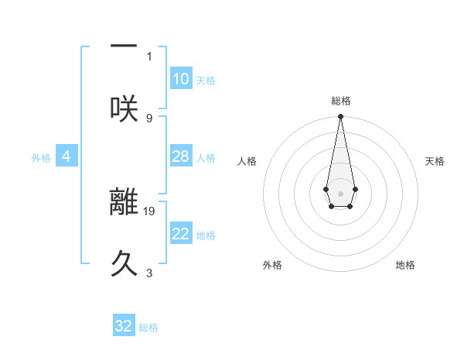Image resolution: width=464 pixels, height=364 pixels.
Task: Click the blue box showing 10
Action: (x=181, y=78)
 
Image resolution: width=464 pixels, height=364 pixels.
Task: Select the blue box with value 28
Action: (x=181, y=156)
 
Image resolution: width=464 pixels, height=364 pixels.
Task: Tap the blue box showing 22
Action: (x=181, y=234)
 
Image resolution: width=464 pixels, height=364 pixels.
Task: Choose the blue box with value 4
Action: (x=67, y=156)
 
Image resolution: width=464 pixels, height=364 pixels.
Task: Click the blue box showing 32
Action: (x=124, y=326)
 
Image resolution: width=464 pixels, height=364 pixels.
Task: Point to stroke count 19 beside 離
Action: (x=149, y=210)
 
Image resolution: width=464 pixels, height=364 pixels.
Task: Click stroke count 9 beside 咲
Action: (x=149, y=118)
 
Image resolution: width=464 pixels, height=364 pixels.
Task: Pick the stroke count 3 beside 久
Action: (x=149, y=273)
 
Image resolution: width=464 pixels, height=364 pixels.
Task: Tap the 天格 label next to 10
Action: (x=206, y=81)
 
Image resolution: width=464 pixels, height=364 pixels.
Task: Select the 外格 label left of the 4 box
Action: (x=41, y=158)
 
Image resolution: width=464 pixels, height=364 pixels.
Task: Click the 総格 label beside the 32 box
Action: (x=148, y=328)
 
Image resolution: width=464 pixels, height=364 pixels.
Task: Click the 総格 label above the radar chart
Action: (x=340, y=101)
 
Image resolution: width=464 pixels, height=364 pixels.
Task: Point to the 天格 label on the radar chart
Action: (x=435, y=161)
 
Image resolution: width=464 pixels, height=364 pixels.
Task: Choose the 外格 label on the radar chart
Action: (x=272, y=265)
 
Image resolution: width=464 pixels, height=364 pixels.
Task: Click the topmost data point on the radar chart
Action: (x=340, y=117)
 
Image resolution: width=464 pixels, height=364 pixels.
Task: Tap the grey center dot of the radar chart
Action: (x=340, y=192)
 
